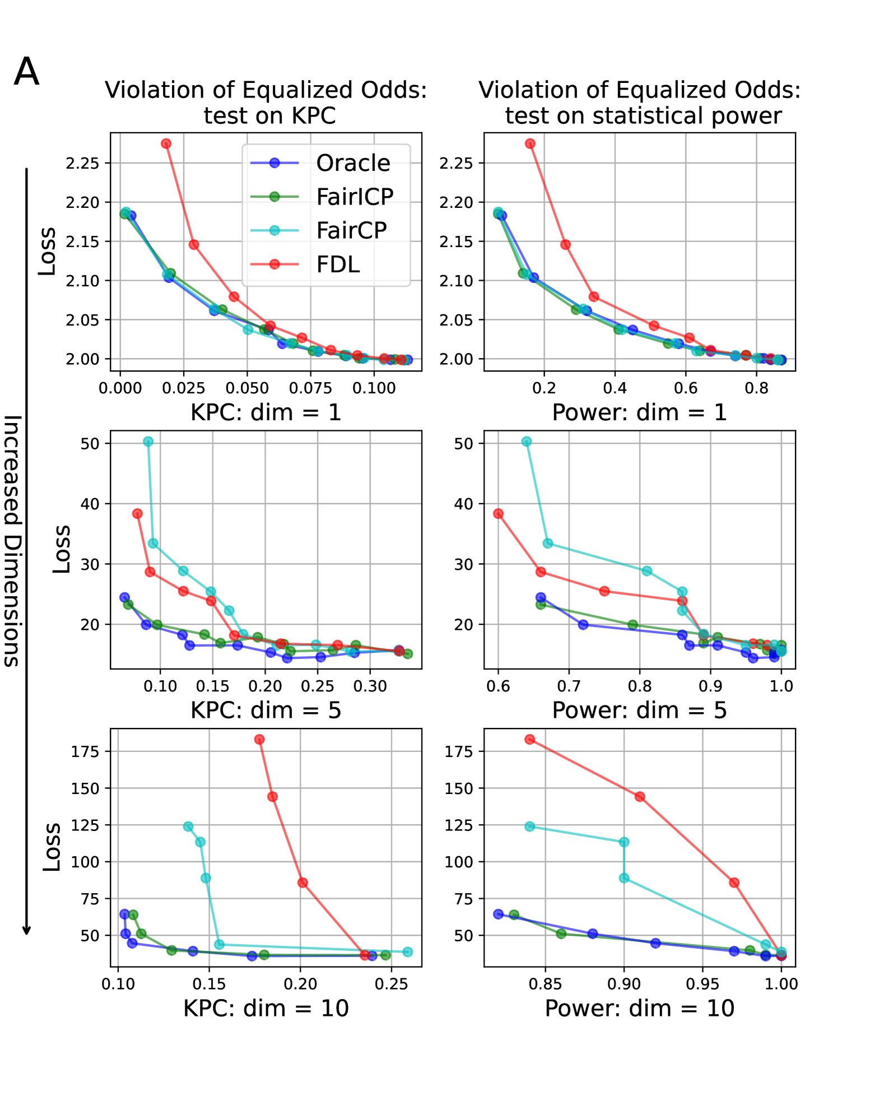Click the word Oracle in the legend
353,163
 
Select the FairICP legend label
355,197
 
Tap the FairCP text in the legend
351,230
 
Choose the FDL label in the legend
338,264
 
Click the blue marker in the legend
274,163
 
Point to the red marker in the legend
274,264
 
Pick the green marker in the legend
274,197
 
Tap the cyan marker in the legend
274,230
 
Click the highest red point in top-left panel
166,143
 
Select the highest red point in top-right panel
530,143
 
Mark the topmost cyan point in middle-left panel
148,442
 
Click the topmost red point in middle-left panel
137,513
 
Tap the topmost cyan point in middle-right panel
527,442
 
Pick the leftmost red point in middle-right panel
498,513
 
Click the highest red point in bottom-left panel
259,740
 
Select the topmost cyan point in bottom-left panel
188,827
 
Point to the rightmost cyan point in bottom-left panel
408,952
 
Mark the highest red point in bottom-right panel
530,740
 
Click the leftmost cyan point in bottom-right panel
530,827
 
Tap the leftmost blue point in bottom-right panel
498,914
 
